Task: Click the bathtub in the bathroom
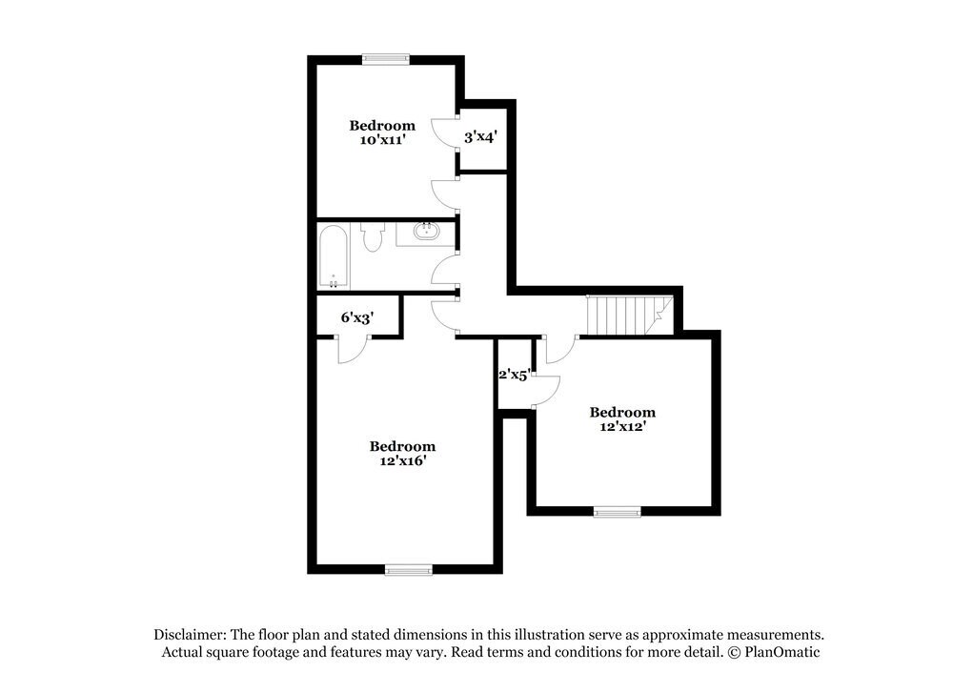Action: [334, 255]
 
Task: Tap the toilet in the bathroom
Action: [372, 236]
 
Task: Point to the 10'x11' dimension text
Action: [382, 140]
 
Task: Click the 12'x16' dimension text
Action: [402, 461]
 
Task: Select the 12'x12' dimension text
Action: [622, 427]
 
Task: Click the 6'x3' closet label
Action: [356, 317]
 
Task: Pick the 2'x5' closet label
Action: [514, 375]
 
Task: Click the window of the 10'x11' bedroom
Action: [386, 59]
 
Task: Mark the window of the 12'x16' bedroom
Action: [409, 570]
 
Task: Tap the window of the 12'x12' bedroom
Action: [618, 512]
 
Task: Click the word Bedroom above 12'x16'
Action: [402, 446]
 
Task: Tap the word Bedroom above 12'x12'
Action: [622, 412]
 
